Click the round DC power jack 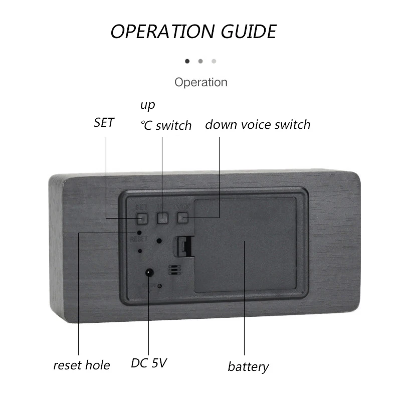pyautogui.click(x=149, y=273)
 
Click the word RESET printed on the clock pyautogui.click(x=138, y=240)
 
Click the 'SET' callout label pyautogui.click(x=104, y=123)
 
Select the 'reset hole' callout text pyautogui.click(x=81, y=365)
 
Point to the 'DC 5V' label pyautogui.click(x=149, y=363)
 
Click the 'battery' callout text pyautogui.click(x=248, y=366)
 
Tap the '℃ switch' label pyautogui.click(x=166, y=125)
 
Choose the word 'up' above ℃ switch pyautogui.click(x=147, y=106)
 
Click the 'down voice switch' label pyautogui.click(x=258, y=124)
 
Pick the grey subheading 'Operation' pyautogui.click(x=200, y=82)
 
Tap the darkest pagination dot pyautogui.click(x=187, y=61)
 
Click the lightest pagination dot pyautogui.click(x=214, y=61)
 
